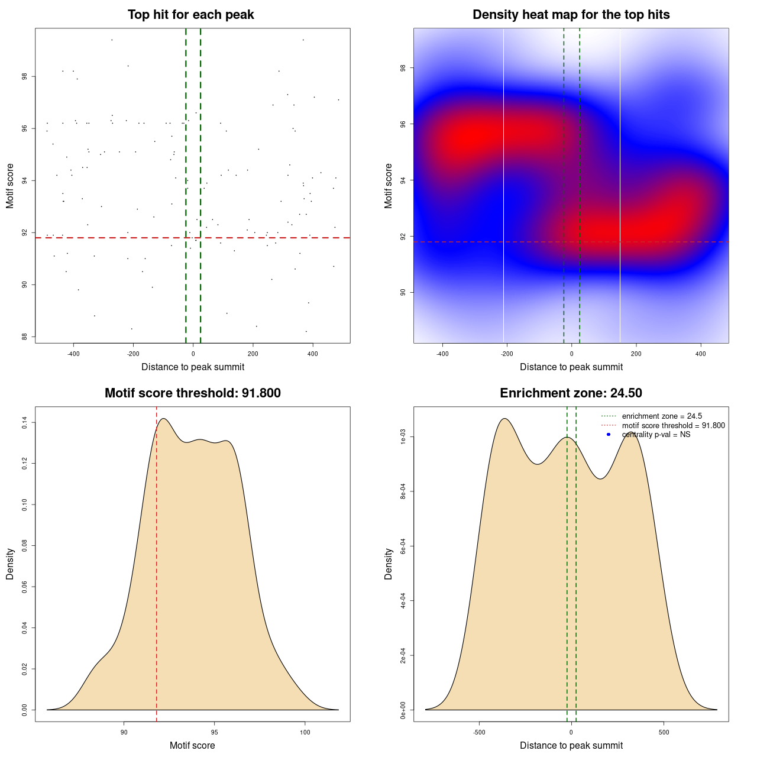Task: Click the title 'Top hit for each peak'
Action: pos(190,15)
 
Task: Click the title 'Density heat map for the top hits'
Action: pos(571,15)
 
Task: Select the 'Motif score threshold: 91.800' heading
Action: pos(192,393)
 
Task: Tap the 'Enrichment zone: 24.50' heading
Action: pos(571,393)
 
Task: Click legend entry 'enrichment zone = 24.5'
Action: pos(662,416)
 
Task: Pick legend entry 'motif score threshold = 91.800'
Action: pos(673,426)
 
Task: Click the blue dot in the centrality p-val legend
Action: pos(609,435)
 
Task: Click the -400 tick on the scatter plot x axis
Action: pos(73,354)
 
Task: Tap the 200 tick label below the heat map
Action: pos(636,354)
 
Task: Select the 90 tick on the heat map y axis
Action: pos(403,292)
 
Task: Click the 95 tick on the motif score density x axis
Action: pos(214,732)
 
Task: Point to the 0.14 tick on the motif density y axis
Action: pos(25,422)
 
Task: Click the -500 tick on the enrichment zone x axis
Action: pos(479,732)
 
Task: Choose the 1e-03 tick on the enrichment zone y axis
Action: pos(403,436)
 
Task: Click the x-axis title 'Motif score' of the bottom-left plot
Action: pos(192,745)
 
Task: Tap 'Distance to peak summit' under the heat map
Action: pos(571,367)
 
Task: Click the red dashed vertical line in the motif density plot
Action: pos(157,562)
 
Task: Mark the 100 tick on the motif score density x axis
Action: pos(305,732)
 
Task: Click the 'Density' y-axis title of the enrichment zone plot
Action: pos(389,564)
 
